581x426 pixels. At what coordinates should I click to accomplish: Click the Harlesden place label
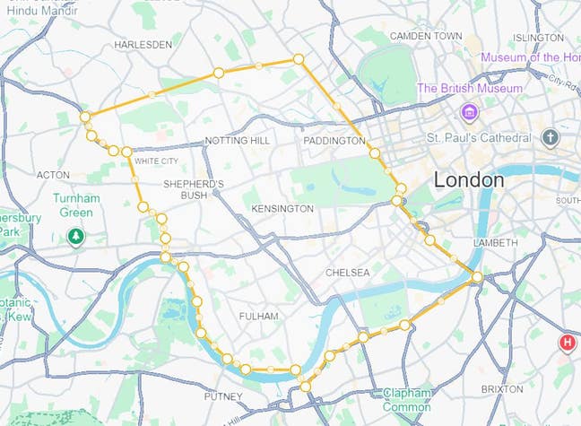[x=143, y=44]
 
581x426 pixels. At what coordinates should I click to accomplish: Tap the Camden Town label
[x=426, y=36]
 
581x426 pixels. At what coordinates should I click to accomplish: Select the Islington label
[x=538, y=37]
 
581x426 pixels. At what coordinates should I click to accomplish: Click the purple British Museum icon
[x=468, y=111]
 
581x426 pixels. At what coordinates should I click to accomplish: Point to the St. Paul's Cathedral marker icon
[x=550, y=138]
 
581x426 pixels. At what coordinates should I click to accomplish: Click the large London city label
[x=468, y=179]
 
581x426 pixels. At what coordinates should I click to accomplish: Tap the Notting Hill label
[x=237, y=142]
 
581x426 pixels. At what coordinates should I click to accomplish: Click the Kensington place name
[x=282, y=208]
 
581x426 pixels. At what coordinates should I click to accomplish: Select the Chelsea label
[x=347, y=272]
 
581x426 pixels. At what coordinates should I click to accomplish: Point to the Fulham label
[x=259, y=317]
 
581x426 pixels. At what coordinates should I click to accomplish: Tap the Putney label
[x=223, y=396]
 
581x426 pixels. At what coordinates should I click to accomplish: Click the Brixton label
[x=501, y=389]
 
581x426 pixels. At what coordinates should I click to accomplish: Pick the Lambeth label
[x=494, y=243]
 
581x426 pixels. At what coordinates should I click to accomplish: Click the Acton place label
[x=53, y=174]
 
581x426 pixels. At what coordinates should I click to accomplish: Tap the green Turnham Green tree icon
[x=77, y=236]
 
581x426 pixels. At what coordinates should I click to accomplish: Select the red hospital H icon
[x=567, y=343]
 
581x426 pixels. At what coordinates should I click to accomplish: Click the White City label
[x=156, y=161]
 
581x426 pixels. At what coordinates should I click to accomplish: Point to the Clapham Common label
[x=408, y=399]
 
